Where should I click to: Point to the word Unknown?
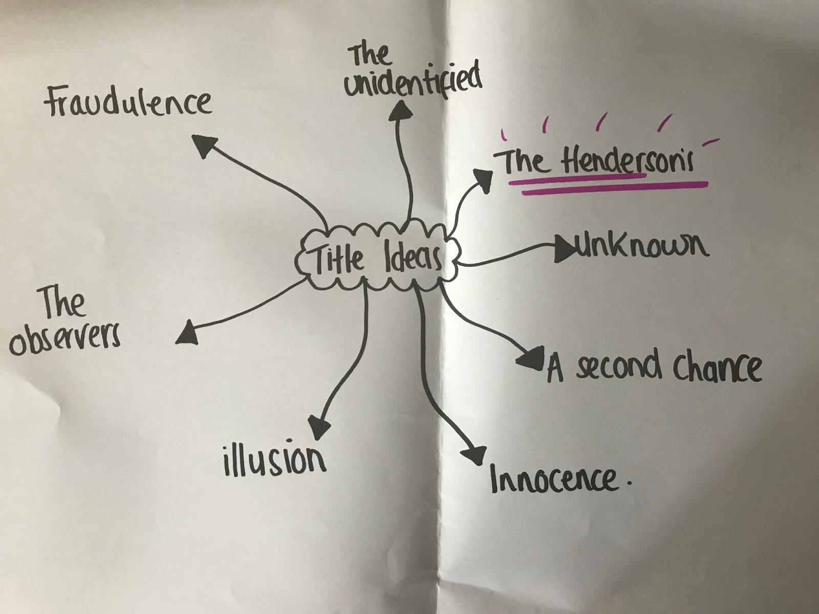point(642,246)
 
